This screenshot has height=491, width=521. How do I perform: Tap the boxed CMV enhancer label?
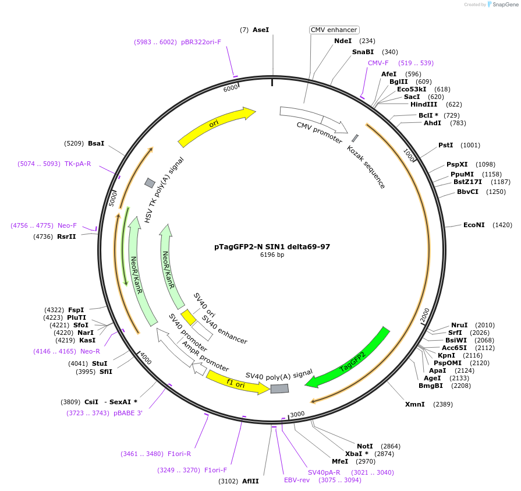[x=334, y=30]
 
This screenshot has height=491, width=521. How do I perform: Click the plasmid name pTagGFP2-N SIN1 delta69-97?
[x=272, y=246]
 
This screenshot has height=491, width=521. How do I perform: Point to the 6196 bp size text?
[x=272, y=255]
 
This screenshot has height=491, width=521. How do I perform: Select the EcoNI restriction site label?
[x=474, y=225]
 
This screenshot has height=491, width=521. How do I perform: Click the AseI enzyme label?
[x=261, y=30]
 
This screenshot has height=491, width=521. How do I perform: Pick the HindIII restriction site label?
[x=424, y=104]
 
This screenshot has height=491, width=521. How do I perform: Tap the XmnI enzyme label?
[x=415, y=404]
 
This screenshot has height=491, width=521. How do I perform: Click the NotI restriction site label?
[x=365, y=446]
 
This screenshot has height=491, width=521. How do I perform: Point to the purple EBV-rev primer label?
[x=297, y=480]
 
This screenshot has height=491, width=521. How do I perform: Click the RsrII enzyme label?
[x=66, y=236]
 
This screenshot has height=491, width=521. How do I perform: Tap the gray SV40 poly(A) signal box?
[x=279, y=388]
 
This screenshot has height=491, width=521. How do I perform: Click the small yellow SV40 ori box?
[x=188, y=317]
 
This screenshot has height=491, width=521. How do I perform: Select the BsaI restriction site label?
[x=96, y=143]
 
